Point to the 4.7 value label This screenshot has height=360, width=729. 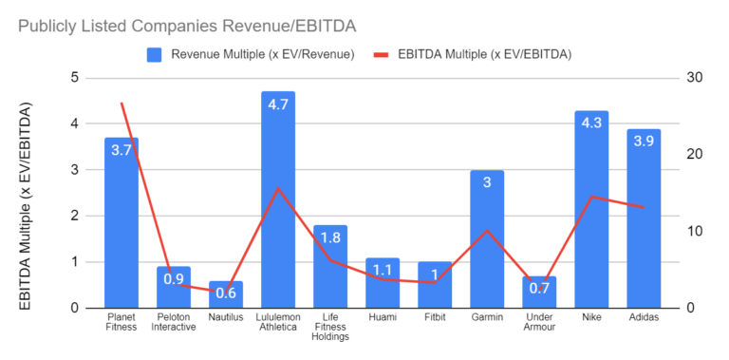pyautogui.click(x=278, y=104)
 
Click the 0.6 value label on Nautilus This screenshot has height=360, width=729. pyautogui.click(x=226, y=294)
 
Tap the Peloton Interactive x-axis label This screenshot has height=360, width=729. pyautogui.click(x=174, y=322)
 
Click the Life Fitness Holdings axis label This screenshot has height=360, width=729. pyautogui.click(x=330, y=327)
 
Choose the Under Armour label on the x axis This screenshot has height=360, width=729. pyautogui.click(x=539, y=322)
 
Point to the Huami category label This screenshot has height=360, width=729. pyautogui.click(x=383, y=317)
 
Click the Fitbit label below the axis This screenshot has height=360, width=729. pyautogui.click(x=435, y=317)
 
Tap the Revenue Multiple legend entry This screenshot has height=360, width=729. pyautogui.click(x=251, y=54)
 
